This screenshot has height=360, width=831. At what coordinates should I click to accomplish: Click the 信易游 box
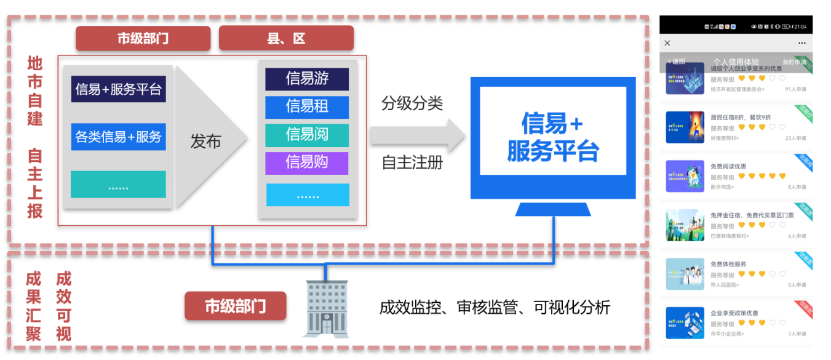click(x=307, y=79)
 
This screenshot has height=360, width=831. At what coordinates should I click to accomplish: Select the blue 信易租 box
click(x=307, y=107)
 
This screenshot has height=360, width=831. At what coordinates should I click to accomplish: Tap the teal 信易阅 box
click(x=307, y=135)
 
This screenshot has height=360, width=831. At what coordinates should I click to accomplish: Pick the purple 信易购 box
click(x=307, y=163)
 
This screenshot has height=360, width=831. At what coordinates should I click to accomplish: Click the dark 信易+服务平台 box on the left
click(x=118, y=89)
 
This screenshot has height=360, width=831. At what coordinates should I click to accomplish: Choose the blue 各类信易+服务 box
click(x=118, y=137)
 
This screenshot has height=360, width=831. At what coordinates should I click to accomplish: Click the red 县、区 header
click(x=286, y=38)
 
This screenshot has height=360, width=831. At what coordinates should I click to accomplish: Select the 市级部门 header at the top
click(x=143, y=38)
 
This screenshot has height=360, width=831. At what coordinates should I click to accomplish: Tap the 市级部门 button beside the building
click(x=236, y=306)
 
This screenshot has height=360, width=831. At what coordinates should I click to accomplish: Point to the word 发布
click(x=205, y=142)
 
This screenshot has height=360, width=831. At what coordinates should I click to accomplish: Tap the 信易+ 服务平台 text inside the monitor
click(x=552, y=137)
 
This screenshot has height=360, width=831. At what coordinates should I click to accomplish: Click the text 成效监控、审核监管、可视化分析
click(x=495, y=307)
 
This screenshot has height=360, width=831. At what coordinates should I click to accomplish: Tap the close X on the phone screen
click(x=667, y=43)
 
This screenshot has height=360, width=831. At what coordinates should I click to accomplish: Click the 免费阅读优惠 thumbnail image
click(x=685, y=177)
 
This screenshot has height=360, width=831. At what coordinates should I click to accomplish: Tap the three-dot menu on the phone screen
click(x=801, y=43)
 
